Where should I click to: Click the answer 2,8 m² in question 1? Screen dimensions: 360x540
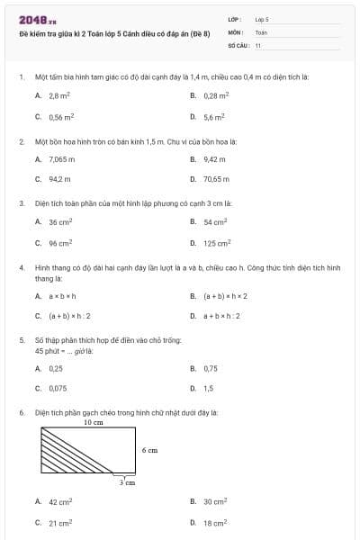click(x=59, y=94)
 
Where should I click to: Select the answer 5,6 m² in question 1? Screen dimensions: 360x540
click(x=213, y=116)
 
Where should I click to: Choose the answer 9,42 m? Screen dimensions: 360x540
click(x=213, y=158)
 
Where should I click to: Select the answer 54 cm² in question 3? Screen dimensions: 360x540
click(x=215, y=221)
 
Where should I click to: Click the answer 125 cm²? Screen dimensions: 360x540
click(x=217, y=242)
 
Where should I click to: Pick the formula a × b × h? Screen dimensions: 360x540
click(x=62, y=295)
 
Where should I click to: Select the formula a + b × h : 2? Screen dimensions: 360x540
click(x=222, y=316)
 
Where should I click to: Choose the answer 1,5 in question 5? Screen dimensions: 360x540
click(x=209, y=389)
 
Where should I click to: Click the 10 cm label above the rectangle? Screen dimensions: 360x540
click(x=94, y=422)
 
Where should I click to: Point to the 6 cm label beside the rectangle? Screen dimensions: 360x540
click(x=149, y=449)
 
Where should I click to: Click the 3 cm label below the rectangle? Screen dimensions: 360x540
click(x=128, y=482)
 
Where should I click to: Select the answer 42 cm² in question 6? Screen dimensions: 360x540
click(x=60, y=501)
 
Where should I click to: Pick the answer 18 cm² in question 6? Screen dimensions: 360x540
click(x=215, y=522)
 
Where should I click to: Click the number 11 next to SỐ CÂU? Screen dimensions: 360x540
click(x=258, y=44)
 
